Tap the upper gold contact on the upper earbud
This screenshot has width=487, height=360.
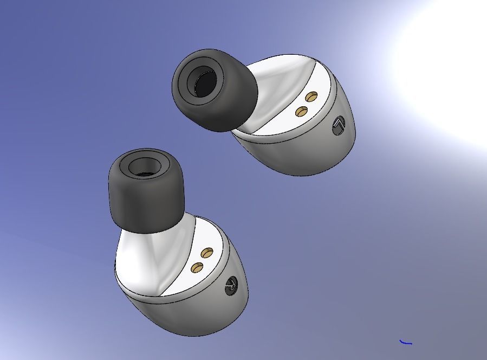click(x=311, y=97)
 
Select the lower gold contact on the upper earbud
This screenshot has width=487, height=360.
click(x=302, y=111)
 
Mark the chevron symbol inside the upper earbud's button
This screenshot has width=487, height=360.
click(x=339, y=126)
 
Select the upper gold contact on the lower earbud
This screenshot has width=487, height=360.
click(x=207, y=253)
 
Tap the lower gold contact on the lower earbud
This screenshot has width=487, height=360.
click(x=198, y=267)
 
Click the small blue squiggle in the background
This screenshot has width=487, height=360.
click(x=406, y=342)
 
